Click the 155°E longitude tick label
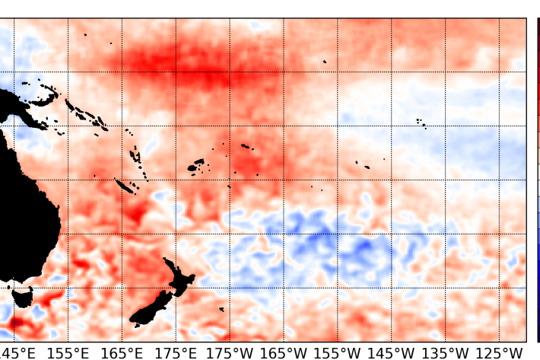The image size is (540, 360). pos(68,353)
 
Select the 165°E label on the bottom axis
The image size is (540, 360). pos(122,353)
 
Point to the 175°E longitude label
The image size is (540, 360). pos(176,353)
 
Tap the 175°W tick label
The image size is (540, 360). pos(230,353)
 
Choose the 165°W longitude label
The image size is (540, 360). pos(284,353)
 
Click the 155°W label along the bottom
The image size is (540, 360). pos(338,353)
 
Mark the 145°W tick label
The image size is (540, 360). pos(392,353)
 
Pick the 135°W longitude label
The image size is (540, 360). pos(446,353)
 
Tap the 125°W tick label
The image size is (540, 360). pos(500,353)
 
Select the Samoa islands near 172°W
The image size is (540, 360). pos(246,146)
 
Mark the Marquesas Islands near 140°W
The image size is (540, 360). pos(421,122)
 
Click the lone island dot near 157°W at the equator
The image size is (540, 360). pos(325,62)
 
